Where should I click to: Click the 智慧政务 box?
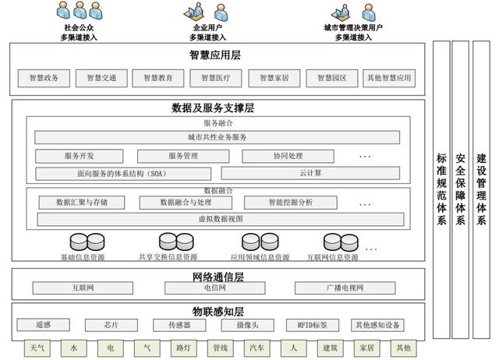click(x=44, y=78)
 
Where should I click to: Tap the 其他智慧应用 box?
click(x=388, y=78)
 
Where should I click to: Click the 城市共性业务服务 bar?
click(x=218, y=138)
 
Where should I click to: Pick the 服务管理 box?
click(x=183, y=156)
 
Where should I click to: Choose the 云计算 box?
click(x=310, y=173)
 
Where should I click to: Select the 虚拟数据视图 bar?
click(x=218, y=220)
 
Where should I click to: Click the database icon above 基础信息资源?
click(x=82, y=242)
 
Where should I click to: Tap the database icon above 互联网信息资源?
click(x=332, y=242)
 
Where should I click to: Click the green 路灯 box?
click(x=183, y=348)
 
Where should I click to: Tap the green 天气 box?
click(x=37, y=348)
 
